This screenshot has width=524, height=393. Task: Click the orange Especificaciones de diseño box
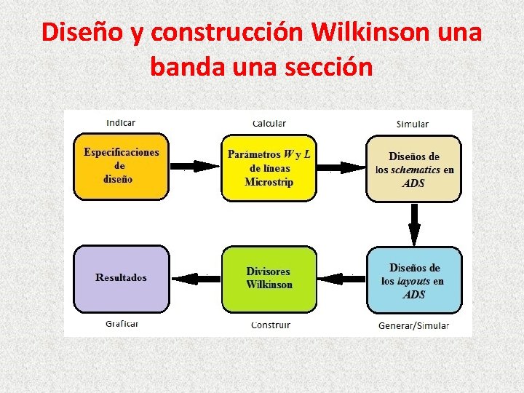(121, 166)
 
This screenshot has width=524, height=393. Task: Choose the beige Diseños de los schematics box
(413, 169)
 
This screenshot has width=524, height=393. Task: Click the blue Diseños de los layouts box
(413, 280)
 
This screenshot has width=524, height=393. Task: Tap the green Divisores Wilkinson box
(269, 279)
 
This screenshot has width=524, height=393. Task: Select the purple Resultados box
(121, 278)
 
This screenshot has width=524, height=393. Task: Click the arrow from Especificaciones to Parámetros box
(194, 166)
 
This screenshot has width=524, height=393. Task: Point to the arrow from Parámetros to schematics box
(341, 166)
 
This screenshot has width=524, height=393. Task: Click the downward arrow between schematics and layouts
(414, 224)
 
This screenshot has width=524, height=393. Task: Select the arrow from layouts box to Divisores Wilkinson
(341, 278)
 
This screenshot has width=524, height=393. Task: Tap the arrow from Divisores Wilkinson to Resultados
(195, 277)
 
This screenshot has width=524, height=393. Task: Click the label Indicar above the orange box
(121, 122)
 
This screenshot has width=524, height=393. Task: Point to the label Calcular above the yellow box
(269, 124)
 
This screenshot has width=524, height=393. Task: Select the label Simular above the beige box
(413, 124)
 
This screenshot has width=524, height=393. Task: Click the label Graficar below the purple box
(122, 324)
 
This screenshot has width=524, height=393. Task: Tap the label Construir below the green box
(270, 325)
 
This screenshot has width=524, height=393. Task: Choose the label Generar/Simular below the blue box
(413, 325)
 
